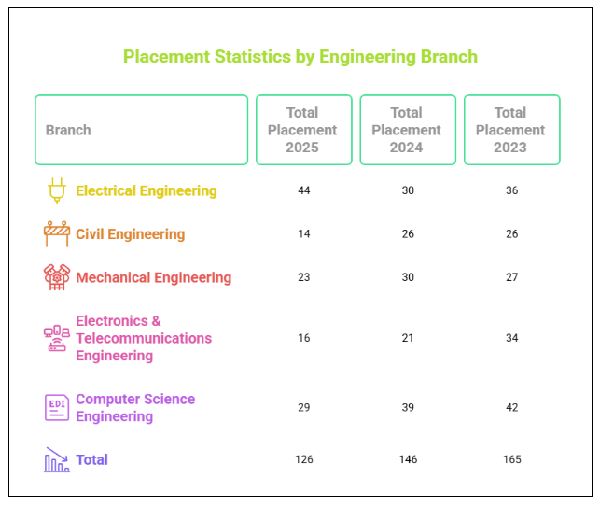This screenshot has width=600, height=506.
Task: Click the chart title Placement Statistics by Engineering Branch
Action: click(300, 57)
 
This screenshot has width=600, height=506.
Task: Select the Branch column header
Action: click(69, 130)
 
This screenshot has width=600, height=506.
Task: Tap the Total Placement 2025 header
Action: click(302, 130)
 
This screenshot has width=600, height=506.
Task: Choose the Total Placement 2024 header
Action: click(407, 130)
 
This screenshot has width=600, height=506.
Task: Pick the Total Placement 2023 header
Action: click(510, 130)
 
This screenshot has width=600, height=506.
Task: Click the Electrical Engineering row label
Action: click(146, 190)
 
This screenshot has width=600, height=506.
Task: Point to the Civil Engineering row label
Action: click(130, 234)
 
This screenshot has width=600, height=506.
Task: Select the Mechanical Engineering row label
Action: click(153, 277)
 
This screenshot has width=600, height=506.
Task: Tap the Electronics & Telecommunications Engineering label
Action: click(143, 338)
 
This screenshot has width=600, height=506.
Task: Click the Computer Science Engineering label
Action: click(135, 407)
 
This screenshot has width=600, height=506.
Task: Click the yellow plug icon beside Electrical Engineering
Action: click(56, 190)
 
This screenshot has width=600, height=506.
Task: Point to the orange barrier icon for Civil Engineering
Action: click(56, 234)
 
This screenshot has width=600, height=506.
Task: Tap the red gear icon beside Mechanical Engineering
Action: click(56, 277)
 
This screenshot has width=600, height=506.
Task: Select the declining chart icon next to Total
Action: click(56, 459)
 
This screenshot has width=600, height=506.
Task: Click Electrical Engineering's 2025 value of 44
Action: click(303, 190)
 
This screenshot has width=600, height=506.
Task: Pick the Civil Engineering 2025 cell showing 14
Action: click(303, 234)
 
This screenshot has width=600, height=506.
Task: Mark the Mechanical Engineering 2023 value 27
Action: click(511, 277)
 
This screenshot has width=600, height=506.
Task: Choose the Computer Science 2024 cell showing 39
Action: click(407, 407)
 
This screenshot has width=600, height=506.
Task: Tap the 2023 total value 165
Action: click(511, 459)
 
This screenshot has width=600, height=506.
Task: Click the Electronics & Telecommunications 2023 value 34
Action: click(511, 338)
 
